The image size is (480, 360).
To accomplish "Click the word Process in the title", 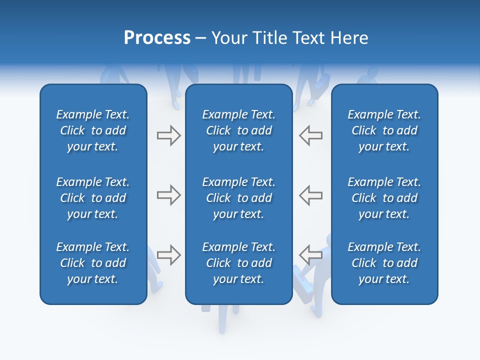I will pos(157,38).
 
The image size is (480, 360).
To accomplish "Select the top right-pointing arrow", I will pos(168,135).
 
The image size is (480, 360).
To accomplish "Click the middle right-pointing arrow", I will pos(168,195).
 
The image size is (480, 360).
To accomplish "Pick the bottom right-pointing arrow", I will pos(168,254).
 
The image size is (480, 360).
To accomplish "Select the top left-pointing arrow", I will pos(310,135).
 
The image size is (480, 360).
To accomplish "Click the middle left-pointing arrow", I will pos(310,195).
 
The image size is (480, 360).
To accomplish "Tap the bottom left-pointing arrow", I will pos(310,254).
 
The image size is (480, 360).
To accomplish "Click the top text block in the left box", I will pos(93,130).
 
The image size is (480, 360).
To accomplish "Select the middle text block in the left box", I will pos(93,198).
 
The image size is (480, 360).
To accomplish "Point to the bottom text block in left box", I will pos(93,263).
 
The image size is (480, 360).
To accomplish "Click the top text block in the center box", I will pos(238,130).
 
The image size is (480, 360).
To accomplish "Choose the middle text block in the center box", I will pos(238,198).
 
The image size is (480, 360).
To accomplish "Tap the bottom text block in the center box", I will pos(238,263).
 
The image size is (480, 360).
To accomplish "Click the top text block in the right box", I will pos(384,130).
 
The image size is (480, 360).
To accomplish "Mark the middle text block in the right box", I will pos(384,198).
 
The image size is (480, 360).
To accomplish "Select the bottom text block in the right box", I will pos(384,263).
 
